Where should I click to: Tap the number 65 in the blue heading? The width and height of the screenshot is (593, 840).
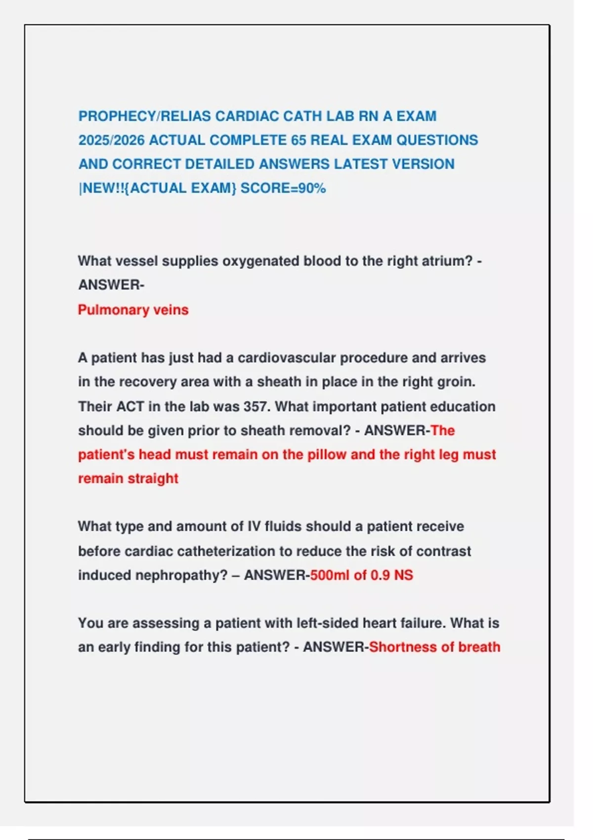(298, 140)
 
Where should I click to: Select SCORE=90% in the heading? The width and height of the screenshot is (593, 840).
(283, 188)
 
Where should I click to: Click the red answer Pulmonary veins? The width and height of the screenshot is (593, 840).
(133, 310)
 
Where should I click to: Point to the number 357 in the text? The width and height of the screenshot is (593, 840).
(256, 407)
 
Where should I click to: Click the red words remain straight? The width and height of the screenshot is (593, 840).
(128, 479)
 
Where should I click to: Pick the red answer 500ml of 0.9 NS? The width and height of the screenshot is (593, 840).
(361, 575)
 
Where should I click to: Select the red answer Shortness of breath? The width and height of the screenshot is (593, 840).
(434, 647)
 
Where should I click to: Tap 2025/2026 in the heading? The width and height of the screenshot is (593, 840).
(112, 140)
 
